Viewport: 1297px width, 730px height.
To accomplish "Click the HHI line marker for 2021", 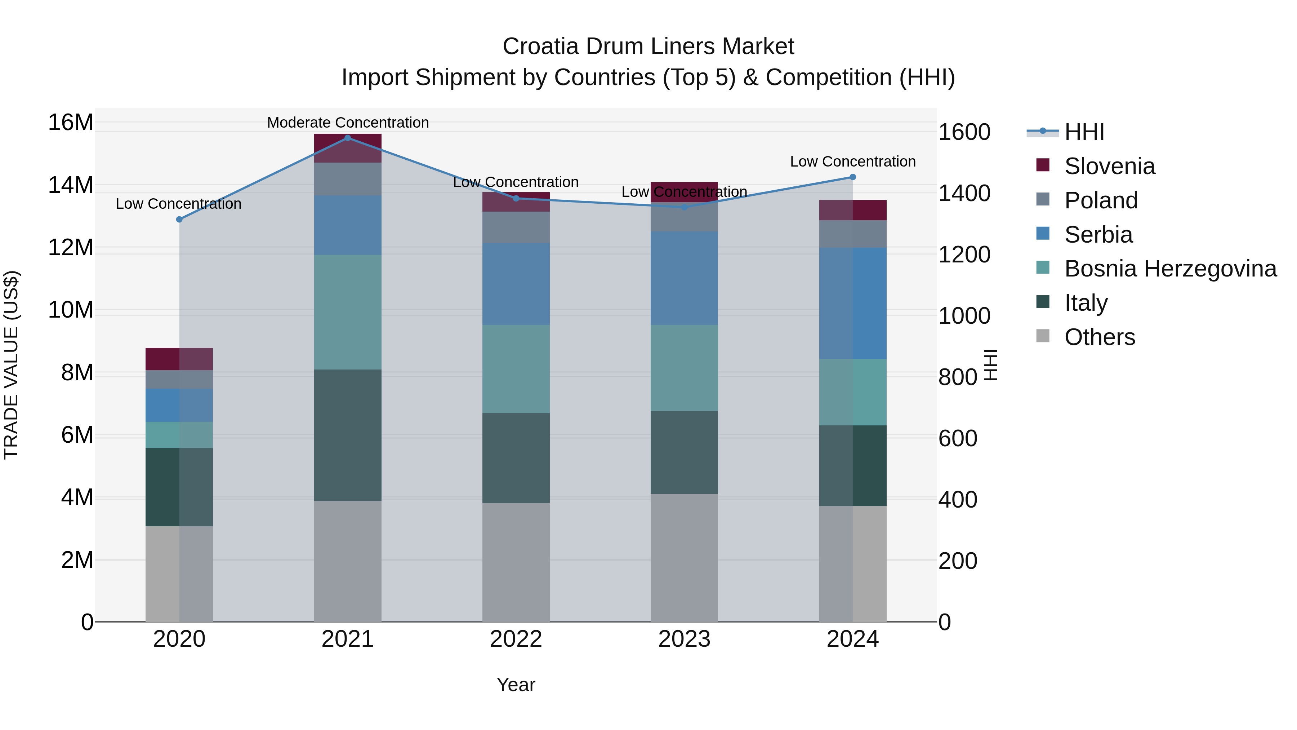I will tap(347, 138).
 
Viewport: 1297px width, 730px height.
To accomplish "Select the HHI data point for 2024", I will tap(852, 177).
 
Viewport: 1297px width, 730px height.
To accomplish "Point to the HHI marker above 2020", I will tap(179, 219).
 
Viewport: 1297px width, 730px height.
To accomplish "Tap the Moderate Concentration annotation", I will tap(347, 123).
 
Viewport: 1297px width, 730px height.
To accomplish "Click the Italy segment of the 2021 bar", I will tap(347, 435).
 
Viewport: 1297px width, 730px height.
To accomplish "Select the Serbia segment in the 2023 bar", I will tap(684, 278).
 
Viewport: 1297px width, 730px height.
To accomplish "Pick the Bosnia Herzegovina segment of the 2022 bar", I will tap(516, 369).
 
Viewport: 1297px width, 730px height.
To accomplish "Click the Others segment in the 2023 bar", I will tap(684, 557).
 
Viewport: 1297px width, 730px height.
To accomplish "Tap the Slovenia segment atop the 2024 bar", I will tap(852, 210).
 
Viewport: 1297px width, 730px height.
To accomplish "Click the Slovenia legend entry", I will tap(1109, 166).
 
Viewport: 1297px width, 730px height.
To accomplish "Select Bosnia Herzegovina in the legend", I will tap(1170, 269).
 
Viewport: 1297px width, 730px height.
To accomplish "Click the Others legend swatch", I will tap(1043, 336).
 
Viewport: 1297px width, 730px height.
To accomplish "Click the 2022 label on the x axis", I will tap(516, 639).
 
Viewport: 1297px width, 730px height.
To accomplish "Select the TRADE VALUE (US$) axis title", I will tap(11, 365).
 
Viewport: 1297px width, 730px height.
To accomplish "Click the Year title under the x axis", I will tap(516, 685).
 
